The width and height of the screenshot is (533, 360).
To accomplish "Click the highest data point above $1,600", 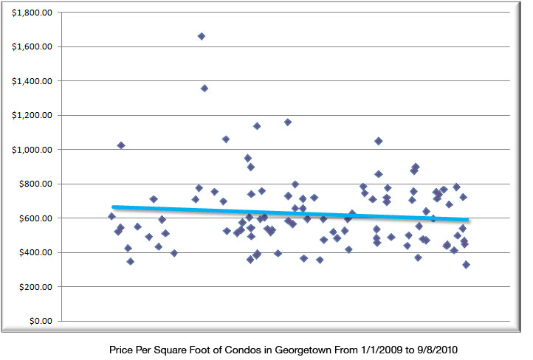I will (x=202, y=36).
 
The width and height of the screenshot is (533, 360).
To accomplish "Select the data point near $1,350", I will (x=204, y=89).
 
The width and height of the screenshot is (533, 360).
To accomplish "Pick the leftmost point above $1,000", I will (x=121, y=145).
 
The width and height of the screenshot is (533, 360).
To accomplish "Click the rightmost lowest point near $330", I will (x=467, y=264).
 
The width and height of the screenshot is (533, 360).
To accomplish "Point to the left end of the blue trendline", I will (x=114, y=207).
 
